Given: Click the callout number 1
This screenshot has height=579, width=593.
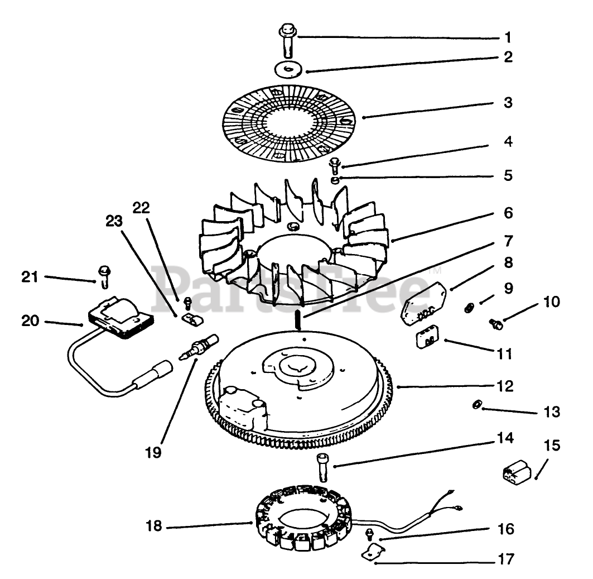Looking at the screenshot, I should [507, 37].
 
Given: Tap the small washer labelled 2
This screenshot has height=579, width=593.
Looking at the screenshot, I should [288, 69].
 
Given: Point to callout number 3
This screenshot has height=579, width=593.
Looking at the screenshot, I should [507, 103].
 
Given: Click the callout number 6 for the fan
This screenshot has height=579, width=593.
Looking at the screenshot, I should [507, 213].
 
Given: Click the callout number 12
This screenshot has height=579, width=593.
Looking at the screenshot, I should [507, 386].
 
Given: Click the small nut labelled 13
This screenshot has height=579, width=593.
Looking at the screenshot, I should [477, 404].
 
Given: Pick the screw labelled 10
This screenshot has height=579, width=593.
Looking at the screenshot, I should [495, 322].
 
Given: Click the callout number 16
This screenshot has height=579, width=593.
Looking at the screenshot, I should [507, 528].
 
